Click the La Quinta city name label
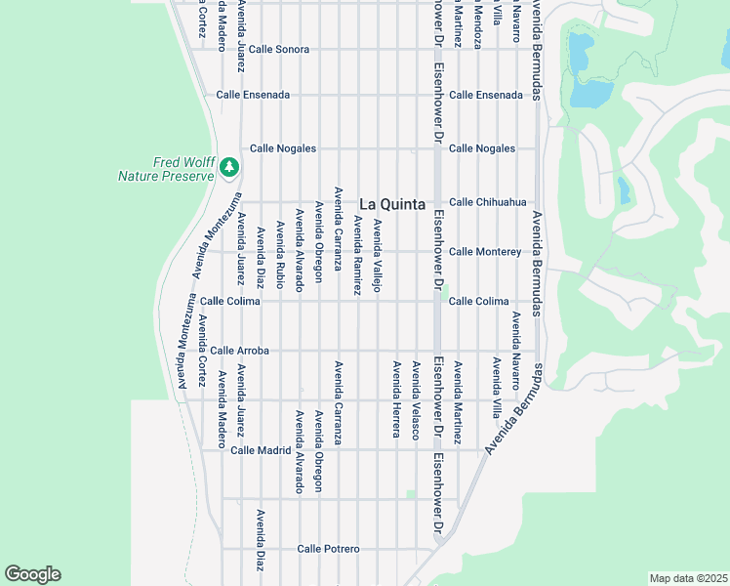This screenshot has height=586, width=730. (392, 204)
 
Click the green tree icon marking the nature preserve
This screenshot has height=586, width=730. (229, 168)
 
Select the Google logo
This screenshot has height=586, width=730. (32, 574)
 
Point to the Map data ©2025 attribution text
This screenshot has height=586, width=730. (688, 578)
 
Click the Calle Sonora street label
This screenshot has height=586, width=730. (278, 49)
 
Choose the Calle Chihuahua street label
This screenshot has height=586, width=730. (487, 202)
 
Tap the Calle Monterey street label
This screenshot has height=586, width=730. (484, 252)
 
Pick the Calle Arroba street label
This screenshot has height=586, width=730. (239, 350)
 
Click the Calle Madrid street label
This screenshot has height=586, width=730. (261, 450)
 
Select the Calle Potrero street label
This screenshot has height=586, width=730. (329, 549)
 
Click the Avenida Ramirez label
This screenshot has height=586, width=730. (357, 257)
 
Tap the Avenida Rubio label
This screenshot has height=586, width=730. (280, 254)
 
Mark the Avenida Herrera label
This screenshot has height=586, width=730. (396, 399)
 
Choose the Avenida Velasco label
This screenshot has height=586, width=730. (416, 399)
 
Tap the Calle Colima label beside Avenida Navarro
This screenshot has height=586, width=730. (478, 301)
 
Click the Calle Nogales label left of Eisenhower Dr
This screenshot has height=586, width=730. (283, 148)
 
